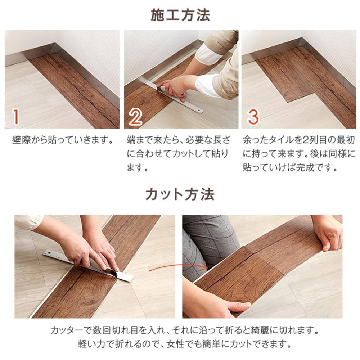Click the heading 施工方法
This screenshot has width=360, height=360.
[180, 15]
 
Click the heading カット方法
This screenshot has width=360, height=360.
[180, 194]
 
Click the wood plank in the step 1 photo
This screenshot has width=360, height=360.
[79, 86]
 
